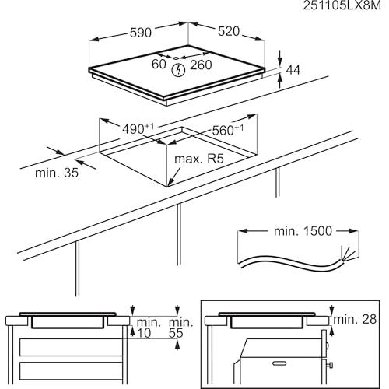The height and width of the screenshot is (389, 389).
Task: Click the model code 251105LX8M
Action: [342, 5]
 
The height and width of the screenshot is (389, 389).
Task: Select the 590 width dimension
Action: [141, 33]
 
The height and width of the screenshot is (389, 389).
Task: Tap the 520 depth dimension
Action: [229, 31]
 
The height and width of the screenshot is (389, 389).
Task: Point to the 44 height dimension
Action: [293, 70]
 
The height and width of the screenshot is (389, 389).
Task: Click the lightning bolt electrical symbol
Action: [178, 70]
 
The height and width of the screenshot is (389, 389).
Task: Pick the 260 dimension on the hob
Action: [201, 65]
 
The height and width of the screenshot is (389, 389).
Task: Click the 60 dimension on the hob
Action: [159, 64]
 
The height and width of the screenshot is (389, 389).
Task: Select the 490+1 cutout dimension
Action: [138, 128]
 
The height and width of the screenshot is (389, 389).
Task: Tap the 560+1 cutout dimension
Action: [228, 130]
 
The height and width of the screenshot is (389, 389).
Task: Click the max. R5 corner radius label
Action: [199, 159]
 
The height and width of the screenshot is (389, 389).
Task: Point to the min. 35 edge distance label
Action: [57, 173]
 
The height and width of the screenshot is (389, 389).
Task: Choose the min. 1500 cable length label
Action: [303, 231]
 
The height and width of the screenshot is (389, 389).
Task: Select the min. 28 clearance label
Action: [355, 320]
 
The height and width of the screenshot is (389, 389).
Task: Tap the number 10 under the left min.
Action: [144, 333]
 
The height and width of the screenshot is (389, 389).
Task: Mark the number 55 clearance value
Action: [176, 333]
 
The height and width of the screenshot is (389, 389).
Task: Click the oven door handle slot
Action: [279, 363]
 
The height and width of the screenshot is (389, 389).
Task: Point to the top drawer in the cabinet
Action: [71, 347]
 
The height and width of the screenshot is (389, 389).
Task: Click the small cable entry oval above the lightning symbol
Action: [176, 58]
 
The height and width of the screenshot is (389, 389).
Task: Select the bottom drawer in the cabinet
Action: [71, 370]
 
